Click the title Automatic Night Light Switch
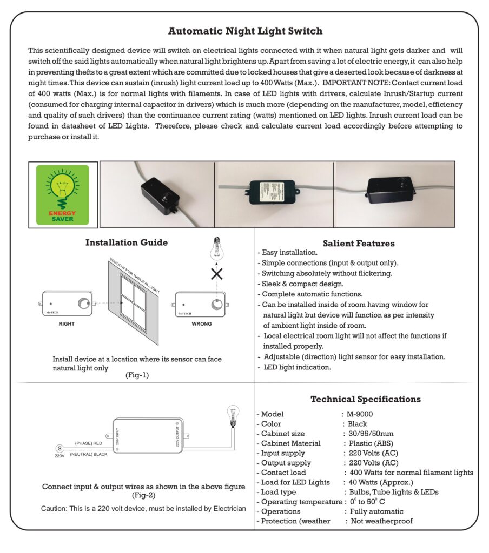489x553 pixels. [x=245, y=31]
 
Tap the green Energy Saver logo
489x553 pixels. [x=63, y=194]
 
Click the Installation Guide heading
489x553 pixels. [x=127, y=243]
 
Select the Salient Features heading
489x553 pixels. [x=359, y=244]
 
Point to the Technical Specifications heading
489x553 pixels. [x=365, y=400]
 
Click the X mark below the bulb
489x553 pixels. [x=217, y=274]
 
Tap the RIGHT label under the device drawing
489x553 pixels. [x=67, y=324]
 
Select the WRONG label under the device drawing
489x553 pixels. [x=202, y=324]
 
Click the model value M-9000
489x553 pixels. [x=360, y=414]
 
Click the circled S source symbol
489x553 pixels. [x=59, y=448]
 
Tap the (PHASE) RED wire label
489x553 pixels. [x=89, y=443]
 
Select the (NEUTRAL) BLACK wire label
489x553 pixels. [x=89, y=454]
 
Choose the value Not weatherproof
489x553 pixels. [x=381, y=521]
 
